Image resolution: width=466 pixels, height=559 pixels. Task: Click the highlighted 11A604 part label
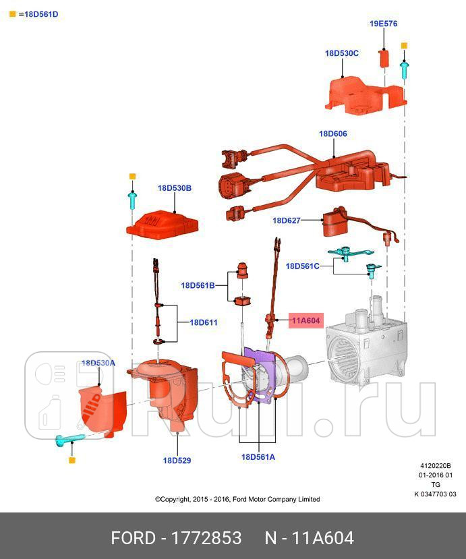pyautogui.click(x=305, y=321)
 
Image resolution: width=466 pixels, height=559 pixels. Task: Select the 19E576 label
pyautogui.click(x=383, y=24)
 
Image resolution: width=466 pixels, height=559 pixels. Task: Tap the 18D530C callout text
pyautogui.click(x=341, y=53)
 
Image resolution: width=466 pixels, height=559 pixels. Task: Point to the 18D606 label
pyautogui.click(x=332, y=134)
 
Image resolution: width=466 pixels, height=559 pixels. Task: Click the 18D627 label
pyautogui.click(x=287, y=220)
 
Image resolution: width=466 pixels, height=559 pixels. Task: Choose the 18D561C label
pyautogui.click(x=303, y=266)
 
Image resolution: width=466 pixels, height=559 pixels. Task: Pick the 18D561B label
pyautogui.click(x=198, y=285)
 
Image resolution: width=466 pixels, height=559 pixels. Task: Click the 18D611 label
pyautogui.click(x=203, y=322)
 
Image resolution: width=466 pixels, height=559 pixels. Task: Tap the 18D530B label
pyautogui.click(x=175, y=188)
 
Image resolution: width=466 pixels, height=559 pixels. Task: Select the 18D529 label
pyautogui.click(x=177, y=461)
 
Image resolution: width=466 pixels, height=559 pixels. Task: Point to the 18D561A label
pyautogui.click(x=258, y=457)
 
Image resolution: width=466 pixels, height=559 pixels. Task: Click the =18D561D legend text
pyautogui.click(x=38, y=13)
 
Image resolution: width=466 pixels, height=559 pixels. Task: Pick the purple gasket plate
pyautogui.click(x=259, y=378)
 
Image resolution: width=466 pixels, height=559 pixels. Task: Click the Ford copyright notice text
pyautogui.click(x=237, y=499)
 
